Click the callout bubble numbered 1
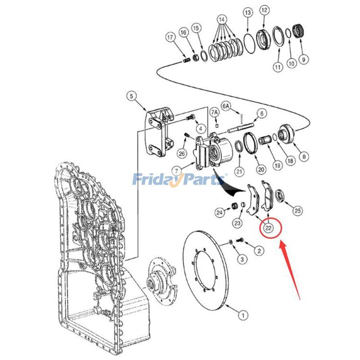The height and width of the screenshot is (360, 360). pyautogui.click(x=242, y=315)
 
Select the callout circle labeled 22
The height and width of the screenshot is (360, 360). pyautogui.click(x=269, y=228)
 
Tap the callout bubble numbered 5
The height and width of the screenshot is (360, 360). pyautogui.click(x=130, y=96)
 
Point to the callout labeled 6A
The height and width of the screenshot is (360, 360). pyautogui.click(x=228, y=106)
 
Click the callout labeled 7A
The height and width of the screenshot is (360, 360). pyautogui.click(x=216, y=112)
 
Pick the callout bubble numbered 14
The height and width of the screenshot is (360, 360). pyautogui.click(x=221, y=20)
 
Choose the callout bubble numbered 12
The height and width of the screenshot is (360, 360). pyautogui.click(x=264, y=10)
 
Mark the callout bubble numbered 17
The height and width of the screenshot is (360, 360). pyautogui.click(x=170, y=38)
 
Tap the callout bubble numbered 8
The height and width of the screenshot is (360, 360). pyautogui.click(x=305, y=157)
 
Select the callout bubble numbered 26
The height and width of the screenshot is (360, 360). pyautogui.click(x=182, y=153)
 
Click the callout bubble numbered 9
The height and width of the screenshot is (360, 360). pyautogui.click(x=305, y=58)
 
